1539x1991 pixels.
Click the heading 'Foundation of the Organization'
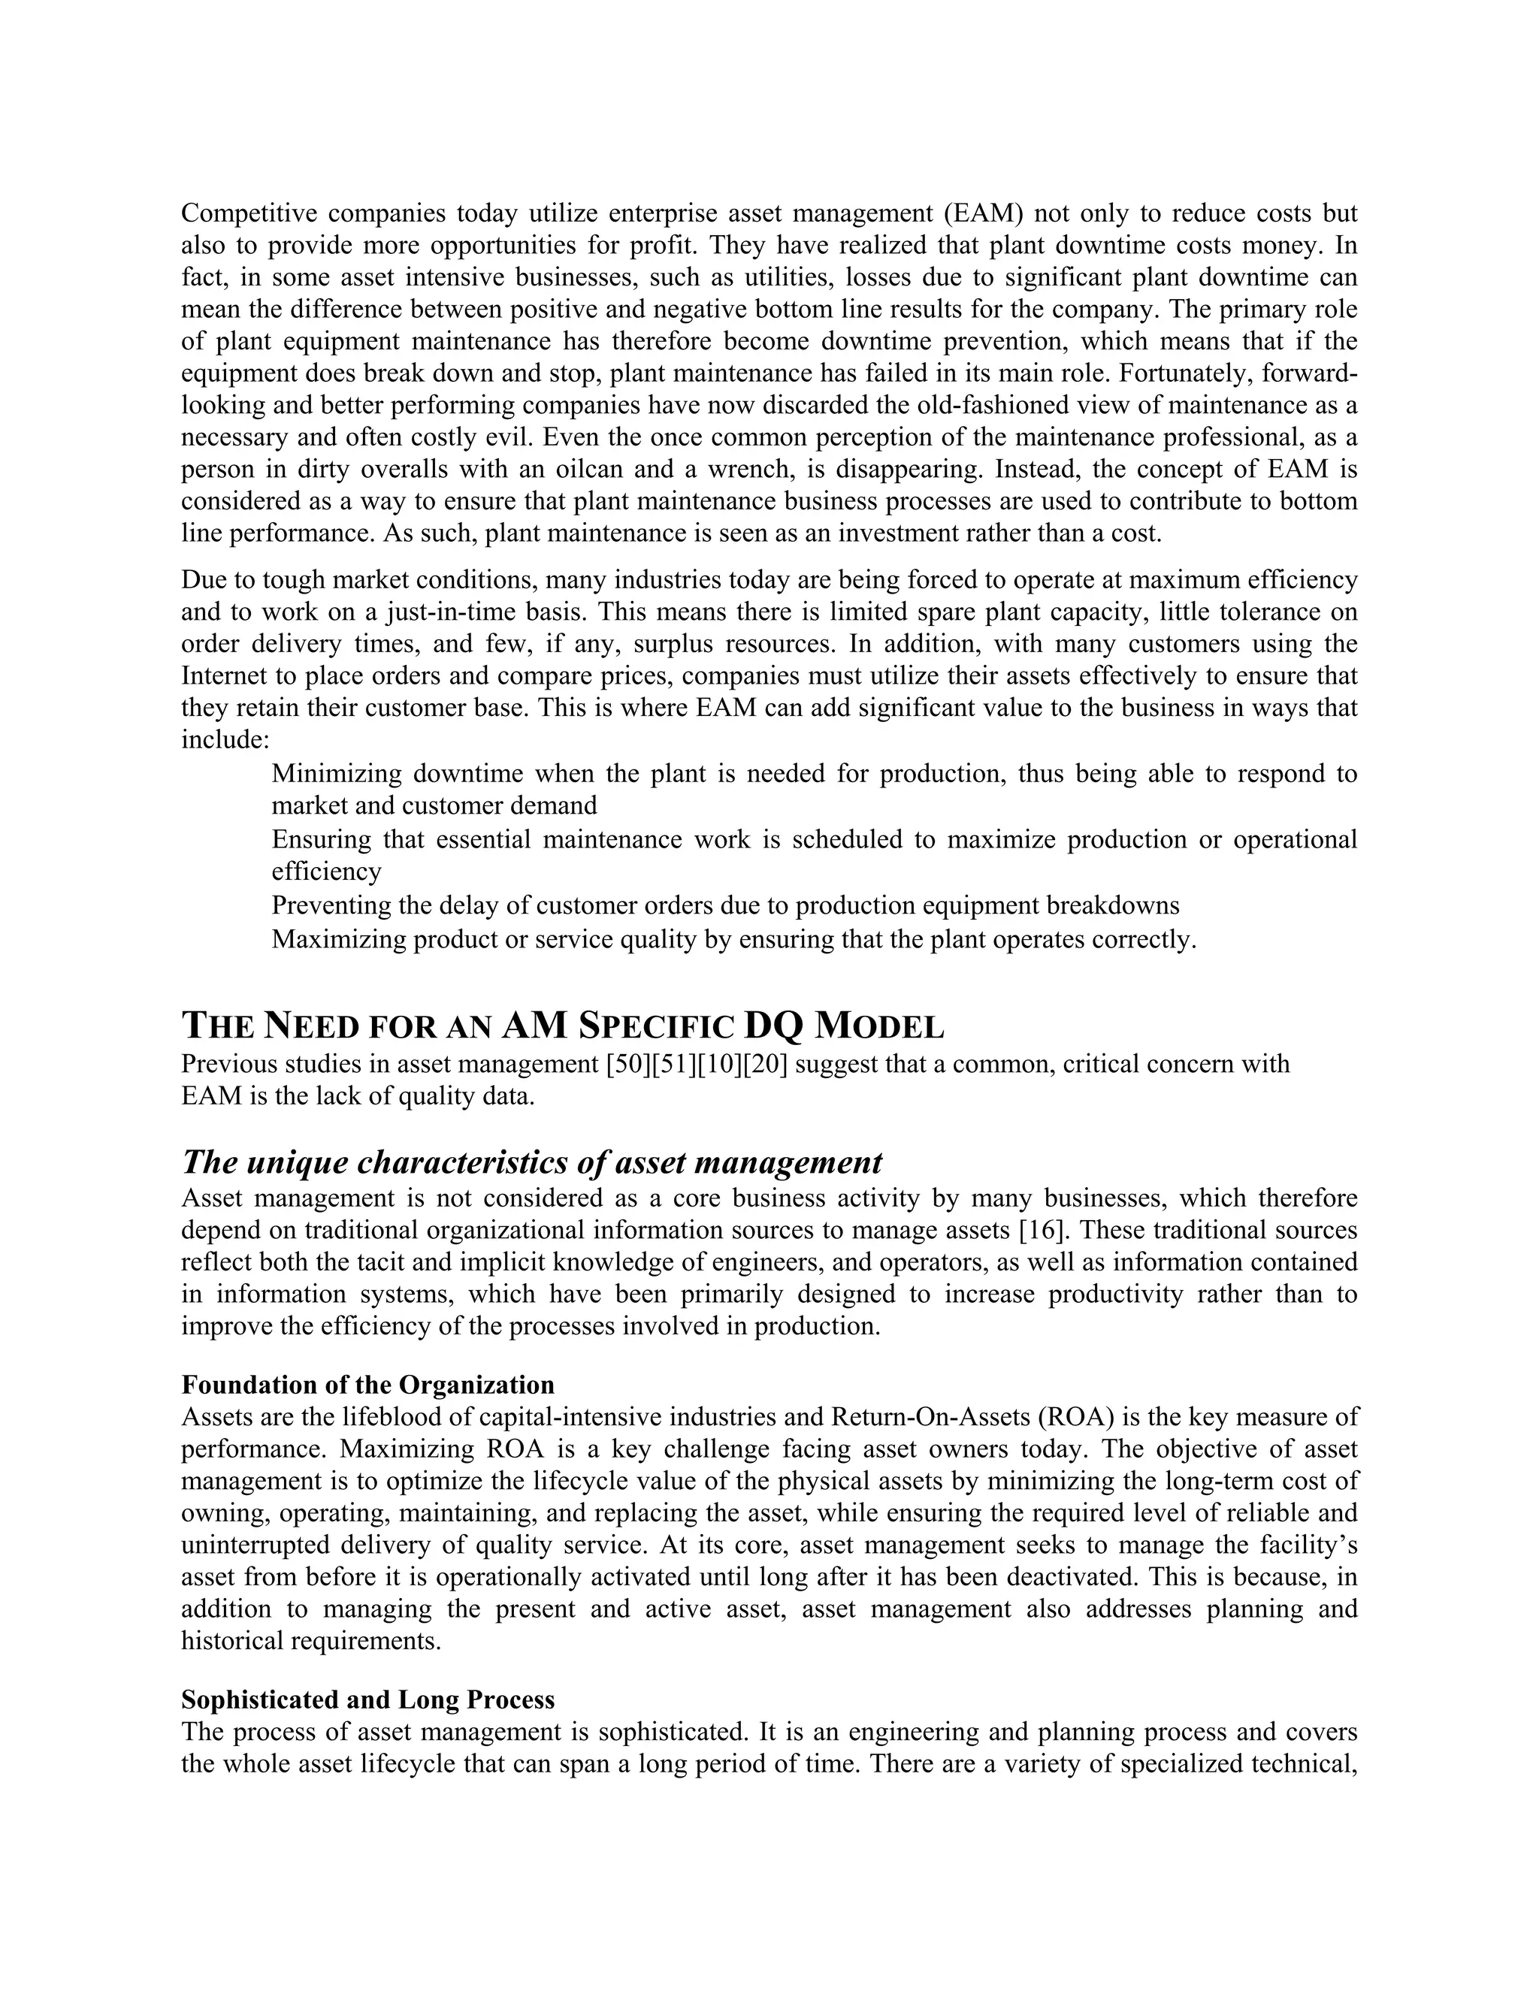tap(367, 1385)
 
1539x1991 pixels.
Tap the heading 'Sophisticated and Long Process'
tap(367, 1699)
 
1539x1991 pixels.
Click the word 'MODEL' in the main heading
tap(880, 1026)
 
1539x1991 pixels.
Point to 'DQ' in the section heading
tap(773, 1026)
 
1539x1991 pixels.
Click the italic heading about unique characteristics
tap(531, 1162)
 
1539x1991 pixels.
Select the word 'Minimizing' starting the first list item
tap(337, 774)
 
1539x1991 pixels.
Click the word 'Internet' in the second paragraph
tap(224, 675)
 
